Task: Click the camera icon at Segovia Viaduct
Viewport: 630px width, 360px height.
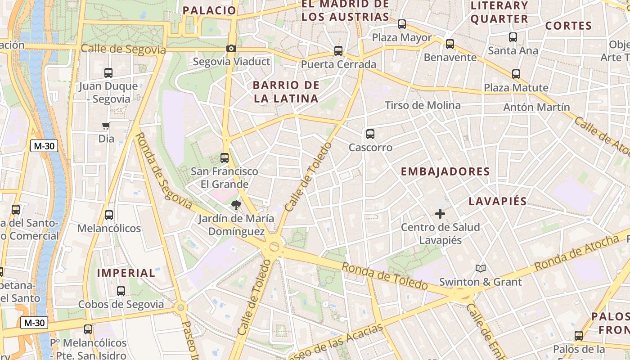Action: tap(231, 49)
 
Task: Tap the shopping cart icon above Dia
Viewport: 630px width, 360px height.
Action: tap(106, 126)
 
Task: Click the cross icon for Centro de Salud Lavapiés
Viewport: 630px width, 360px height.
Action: tap(440, 214)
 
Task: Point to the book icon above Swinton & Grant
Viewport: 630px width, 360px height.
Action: tap(481, 269)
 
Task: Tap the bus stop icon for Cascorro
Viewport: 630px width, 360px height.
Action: tap(370, 134)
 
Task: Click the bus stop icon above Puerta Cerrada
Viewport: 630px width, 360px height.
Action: tap(338, 51)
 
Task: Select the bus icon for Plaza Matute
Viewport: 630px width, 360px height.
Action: tap(516, 74)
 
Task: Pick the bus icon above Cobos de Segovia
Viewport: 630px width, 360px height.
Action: tap(121, 291)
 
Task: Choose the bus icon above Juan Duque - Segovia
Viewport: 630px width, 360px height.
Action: tap(108, 73)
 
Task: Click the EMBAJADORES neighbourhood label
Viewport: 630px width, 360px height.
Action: tap(445, 171)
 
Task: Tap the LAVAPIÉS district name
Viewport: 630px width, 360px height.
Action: tap(498, 201)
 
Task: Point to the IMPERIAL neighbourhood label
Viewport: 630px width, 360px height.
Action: tap(126, 273)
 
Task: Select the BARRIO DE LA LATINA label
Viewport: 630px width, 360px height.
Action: tap(286, 92)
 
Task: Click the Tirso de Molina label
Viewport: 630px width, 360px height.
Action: tap(423, 105)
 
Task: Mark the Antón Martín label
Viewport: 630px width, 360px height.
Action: tap(536, 107)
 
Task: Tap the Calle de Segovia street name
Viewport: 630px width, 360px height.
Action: tap(123, 49)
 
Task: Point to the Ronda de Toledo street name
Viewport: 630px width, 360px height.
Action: tap(384, 276)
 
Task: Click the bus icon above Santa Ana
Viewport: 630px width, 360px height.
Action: tap(513, 37)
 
